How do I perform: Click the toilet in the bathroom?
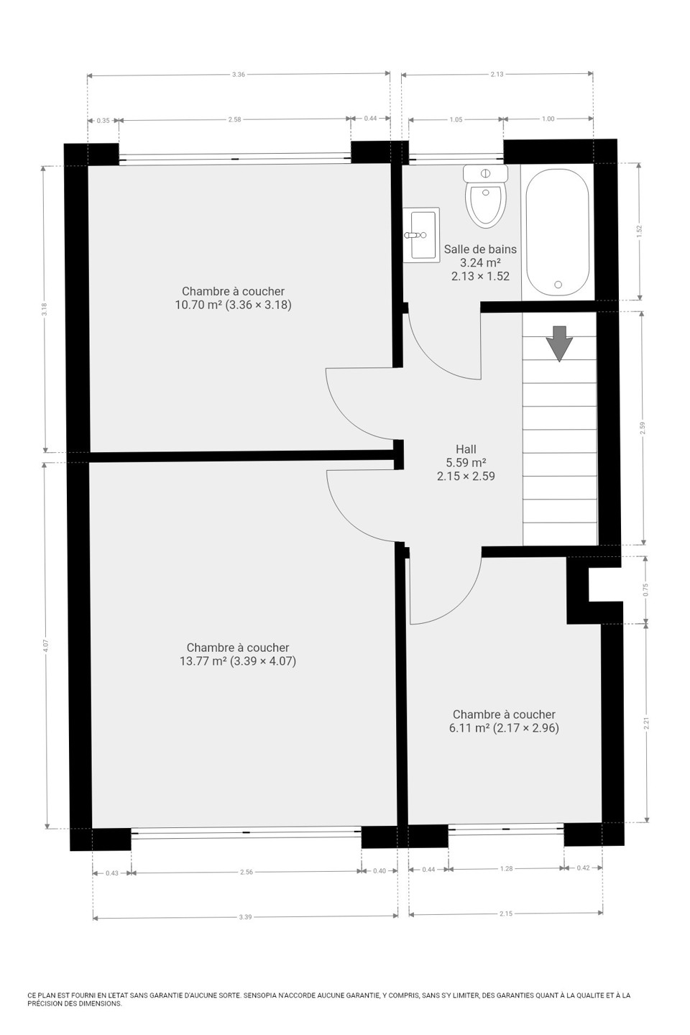(x=485, y=196)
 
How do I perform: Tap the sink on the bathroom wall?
(x=420, y=235)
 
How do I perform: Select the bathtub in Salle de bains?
(x=557, y=232)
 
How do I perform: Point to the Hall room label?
(x=466, y=448)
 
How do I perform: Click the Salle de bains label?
(x=480, y=249)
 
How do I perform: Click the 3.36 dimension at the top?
(x=239, y=75)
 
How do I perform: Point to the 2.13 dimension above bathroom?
(x=497, y=74)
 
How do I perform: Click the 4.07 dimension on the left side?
(x=45, y=645)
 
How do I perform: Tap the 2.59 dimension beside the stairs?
(x=643, y=428)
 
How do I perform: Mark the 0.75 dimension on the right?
(x=646, y=589)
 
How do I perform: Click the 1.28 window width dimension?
(x=507, y=869)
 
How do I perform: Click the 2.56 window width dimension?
(x=247, y=873)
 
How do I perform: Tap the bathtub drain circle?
(x=558, y=285)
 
